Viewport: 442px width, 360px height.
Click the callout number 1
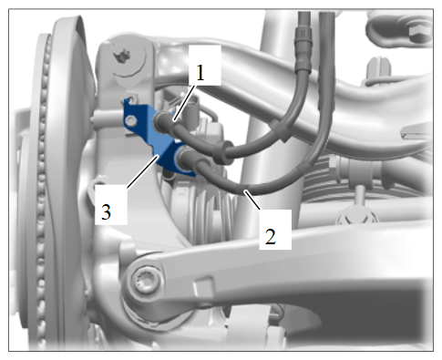(200, 73)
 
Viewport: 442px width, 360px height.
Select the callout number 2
(271, 236)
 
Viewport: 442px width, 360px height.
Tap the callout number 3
(106, 211)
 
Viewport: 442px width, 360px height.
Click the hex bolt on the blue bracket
(130, 121)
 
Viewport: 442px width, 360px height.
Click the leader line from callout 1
(184, 104)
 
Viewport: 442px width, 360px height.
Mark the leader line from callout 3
(143, 171)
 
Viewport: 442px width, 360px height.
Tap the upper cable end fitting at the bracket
(162, 122)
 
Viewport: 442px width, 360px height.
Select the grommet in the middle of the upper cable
(223, 153)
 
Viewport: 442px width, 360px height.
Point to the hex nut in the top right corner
(421, 33)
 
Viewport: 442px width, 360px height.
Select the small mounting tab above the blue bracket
(131, 99)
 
